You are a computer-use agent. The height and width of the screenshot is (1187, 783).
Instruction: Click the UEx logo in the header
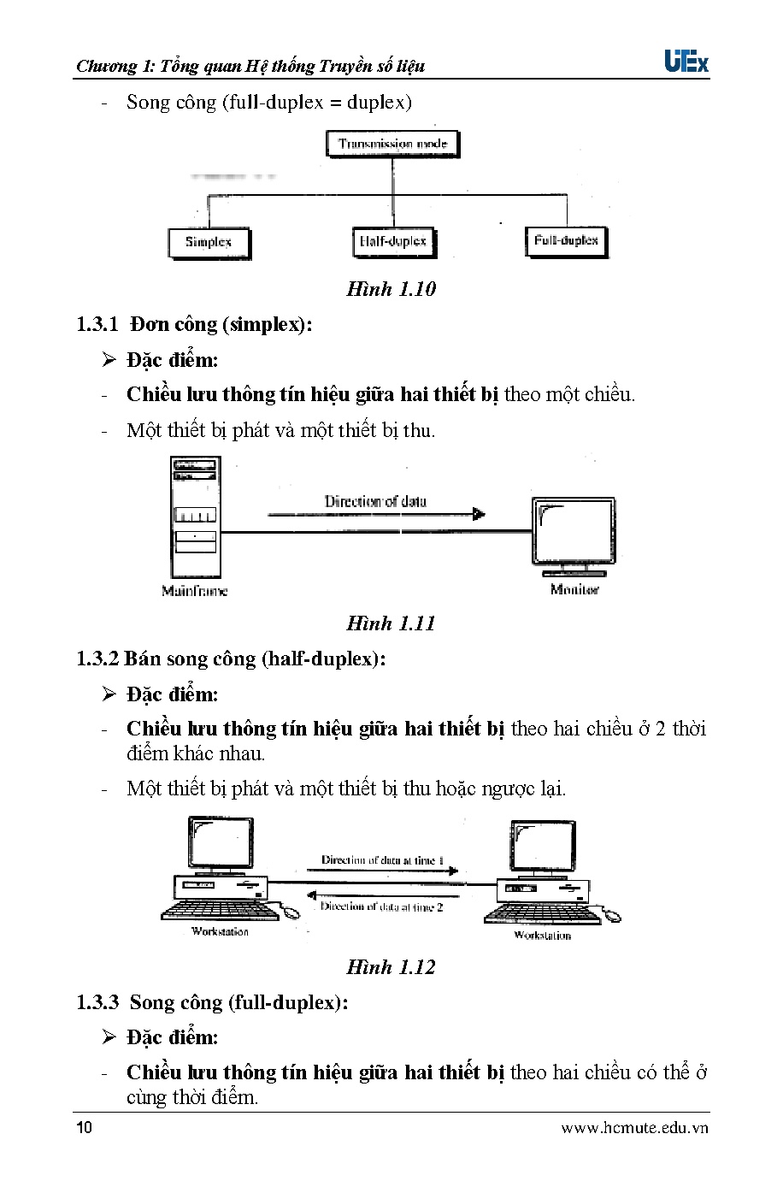[686, 62]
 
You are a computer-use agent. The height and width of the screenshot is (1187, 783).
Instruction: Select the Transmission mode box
[392, 144]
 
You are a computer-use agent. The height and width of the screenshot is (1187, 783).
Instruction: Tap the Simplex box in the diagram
[209, 243]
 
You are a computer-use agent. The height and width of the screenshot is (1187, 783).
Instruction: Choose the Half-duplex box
[393, 242]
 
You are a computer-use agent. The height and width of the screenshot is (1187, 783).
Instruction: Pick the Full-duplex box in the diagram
[566, 241]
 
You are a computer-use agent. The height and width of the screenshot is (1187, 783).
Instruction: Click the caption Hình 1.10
[391, 289]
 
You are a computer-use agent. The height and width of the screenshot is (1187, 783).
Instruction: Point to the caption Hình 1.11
[391, 623]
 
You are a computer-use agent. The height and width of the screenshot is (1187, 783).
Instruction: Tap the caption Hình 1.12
[391, 967]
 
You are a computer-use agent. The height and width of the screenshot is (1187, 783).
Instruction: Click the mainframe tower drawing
[195, 517]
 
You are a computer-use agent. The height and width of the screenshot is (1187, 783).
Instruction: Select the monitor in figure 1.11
[573, 536]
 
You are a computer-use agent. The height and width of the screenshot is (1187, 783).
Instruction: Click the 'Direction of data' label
[375, 501]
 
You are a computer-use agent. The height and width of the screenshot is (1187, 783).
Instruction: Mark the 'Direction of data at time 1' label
[382, 859]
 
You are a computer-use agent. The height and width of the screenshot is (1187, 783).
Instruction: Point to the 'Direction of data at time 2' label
[381, 906]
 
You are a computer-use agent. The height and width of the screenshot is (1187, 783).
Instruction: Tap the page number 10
[84, 1127]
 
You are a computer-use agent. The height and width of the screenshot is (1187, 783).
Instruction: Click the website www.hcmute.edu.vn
[634, 1128]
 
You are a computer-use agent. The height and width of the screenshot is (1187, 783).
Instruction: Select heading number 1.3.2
[97, 658]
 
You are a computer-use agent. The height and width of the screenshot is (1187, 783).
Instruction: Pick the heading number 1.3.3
[97, 1002]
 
